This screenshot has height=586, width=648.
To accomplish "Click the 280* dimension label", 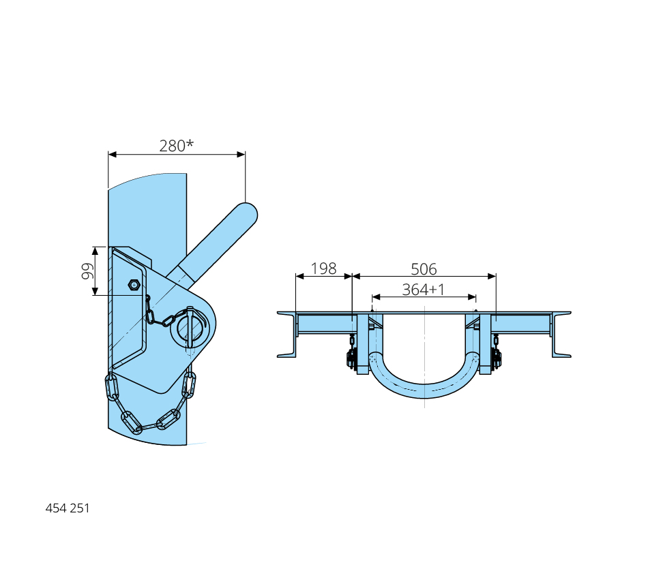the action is pos(177,145).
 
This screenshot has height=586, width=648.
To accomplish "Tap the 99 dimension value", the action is pos(87,271).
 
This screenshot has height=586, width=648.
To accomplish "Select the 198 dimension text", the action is pos(323,268).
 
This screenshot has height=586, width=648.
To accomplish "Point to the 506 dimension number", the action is pos(424,269).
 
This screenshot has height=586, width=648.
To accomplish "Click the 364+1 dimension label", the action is pos(424,290).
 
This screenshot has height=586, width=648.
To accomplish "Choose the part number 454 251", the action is pos(68,508).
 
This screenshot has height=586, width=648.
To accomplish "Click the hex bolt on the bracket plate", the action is pos(134,285).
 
